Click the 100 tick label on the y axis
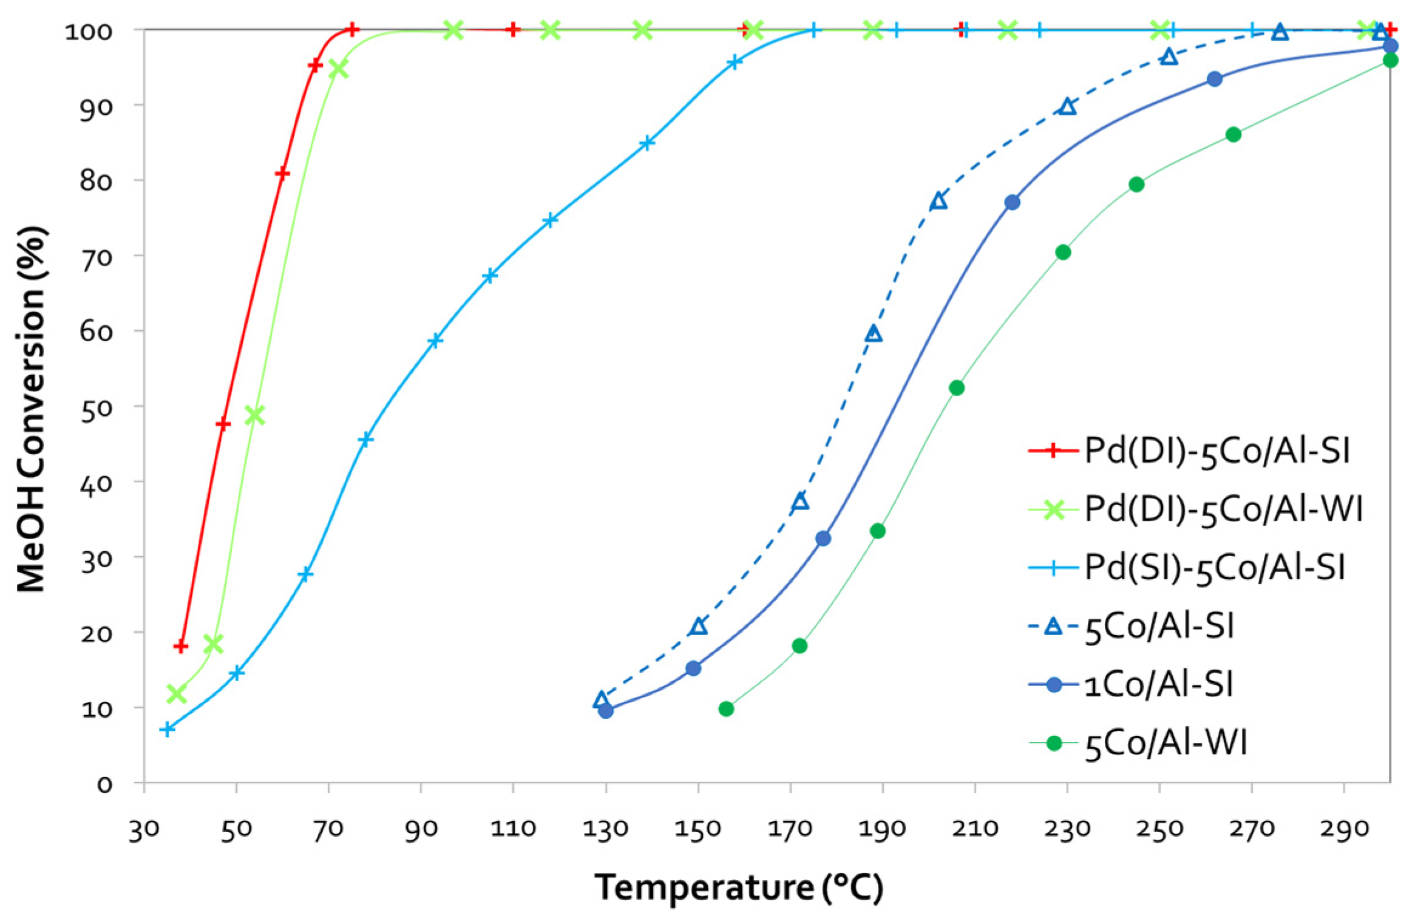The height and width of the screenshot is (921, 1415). point(89,31)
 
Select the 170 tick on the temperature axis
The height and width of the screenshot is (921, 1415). point(790,828)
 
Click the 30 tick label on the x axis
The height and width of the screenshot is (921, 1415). point(144,828)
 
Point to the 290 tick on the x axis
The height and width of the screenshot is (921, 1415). point(1344,828)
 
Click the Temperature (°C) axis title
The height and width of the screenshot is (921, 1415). point(738,887)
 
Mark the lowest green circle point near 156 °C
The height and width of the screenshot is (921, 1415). point(726,709)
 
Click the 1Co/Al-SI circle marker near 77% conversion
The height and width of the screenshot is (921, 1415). point(1012,202)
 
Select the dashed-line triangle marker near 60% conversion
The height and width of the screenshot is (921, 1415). point(874,333)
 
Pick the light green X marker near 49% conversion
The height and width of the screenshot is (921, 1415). point(255,415)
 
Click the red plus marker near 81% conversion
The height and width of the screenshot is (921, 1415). point(282,174)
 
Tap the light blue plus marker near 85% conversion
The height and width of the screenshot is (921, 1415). point(647,143)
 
